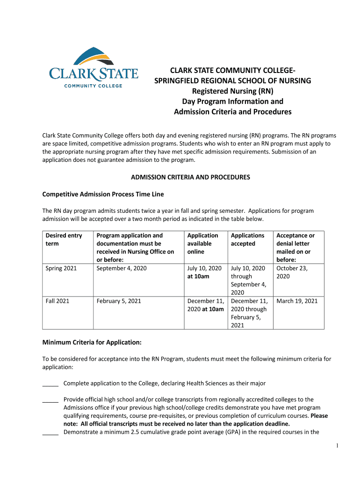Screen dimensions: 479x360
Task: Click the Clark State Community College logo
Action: tap(94, 67)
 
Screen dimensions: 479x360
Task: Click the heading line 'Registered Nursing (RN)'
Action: tap(232, 91)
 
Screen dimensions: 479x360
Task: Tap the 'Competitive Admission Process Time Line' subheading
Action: tap(103, 194)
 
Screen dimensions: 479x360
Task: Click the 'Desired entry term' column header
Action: tap(64, 239)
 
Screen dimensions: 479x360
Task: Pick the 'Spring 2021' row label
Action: tap(61, 268)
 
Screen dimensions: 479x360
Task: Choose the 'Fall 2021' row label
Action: tap(58, 301)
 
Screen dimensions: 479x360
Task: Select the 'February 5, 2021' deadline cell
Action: tap(119, 301)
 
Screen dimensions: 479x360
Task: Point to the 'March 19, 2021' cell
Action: tap(297, 301)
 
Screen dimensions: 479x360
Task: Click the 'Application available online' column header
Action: tap(202, 243)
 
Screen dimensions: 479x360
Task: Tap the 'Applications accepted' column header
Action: tap(247, 239)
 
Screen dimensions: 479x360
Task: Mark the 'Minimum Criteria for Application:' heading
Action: tap(92, 342)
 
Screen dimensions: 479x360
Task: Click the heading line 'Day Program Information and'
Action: tap(232, 102)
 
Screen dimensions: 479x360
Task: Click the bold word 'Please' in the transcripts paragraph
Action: tap(319, 415)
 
